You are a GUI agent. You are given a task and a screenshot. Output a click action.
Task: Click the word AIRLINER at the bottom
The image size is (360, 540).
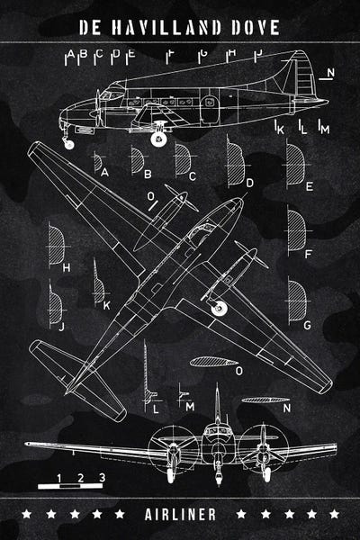pos(180,514)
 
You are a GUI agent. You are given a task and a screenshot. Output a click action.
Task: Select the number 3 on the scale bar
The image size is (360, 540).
pos(102,478)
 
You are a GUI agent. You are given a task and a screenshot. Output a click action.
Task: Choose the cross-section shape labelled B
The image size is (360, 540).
pos(137,160)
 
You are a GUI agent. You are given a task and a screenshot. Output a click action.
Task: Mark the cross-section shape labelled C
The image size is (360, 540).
pos(182,160)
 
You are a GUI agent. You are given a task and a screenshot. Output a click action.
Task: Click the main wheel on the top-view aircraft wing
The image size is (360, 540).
pos(217,309)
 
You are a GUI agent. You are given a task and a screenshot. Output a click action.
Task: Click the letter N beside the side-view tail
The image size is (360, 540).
pos(331,72)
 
